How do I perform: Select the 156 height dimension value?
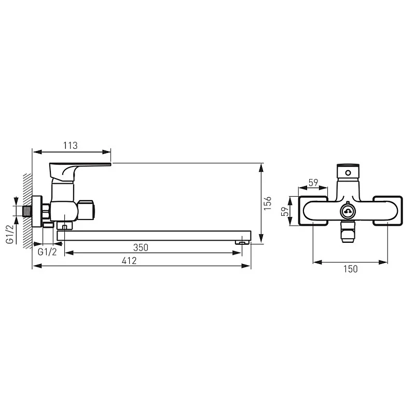(268, 203)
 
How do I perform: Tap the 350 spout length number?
(141, 247)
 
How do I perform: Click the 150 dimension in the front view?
(351, 269)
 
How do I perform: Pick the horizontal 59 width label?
(313, 182)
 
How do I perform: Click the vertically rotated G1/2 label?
(10, 234)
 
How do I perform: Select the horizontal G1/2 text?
(48, 251)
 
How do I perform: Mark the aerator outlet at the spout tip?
(241, 242)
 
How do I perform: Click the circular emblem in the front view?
(347, 211)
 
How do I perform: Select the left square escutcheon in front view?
(313, 211)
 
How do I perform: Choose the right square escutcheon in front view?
(387, 211)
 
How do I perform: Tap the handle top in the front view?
(348, 172)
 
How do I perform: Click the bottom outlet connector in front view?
(347, 231)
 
